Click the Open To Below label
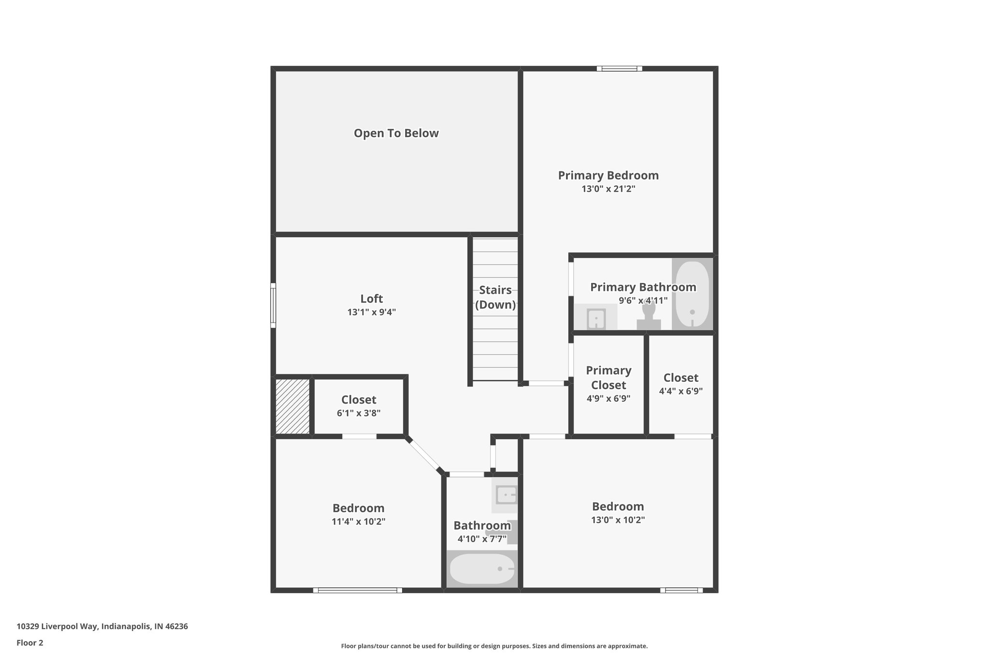click(x=396, y=133)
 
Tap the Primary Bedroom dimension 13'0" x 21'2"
click(x=608, y=189)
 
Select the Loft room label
click(x=371, y=298)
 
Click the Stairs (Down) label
click(x=495, y=297)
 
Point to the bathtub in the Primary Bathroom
click(x=692, y=294)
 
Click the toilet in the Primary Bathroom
click(x=649, y=316)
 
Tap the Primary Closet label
click(x=608, y=378)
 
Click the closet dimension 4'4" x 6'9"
click(x=680, y=391)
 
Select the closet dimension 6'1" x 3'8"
click(x=358, y=413)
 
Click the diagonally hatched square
click(x=293, y=406)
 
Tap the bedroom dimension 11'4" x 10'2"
click(x=358, y=521)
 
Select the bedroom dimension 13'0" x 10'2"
click(x=618, y=520)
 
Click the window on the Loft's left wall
click(x=273, y=305)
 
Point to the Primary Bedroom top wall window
click(x=619, y=69)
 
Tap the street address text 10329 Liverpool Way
click(x=102, y=627)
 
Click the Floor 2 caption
click(x=30, y=643)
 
